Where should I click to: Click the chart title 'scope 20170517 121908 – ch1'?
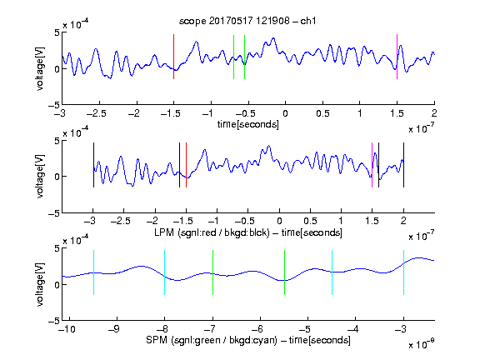247,21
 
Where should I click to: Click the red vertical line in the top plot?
173,57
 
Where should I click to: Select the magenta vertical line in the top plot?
397,57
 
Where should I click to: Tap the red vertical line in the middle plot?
186,165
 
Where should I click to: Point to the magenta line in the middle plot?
372,165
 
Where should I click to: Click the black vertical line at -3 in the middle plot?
93,165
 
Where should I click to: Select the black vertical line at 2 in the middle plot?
403,165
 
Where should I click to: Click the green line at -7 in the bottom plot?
212,272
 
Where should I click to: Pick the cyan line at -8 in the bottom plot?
164,272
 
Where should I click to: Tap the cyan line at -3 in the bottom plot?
403,272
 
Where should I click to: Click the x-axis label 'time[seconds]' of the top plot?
248,124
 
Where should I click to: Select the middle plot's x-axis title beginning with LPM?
248,232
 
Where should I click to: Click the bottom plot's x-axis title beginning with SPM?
248,340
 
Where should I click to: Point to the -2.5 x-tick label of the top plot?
96,113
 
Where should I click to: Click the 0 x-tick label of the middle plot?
279,221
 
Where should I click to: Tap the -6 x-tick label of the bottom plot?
259,329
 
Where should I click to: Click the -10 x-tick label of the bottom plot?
67,329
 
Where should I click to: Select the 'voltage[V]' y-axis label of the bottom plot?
40,284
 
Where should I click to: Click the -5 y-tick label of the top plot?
54,105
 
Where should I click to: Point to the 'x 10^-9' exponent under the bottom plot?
421,343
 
